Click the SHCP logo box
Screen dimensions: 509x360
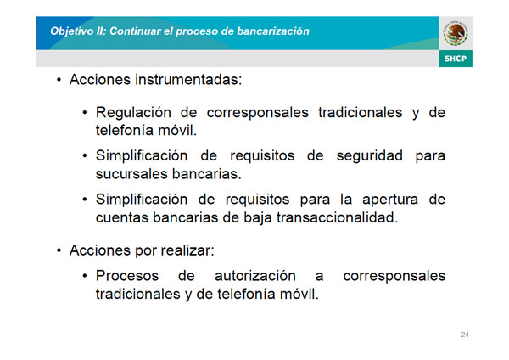456,59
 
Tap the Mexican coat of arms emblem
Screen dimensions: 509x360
456,33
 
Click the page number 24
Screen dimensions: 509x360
465,335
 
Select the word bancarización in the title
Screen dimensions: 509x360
273,31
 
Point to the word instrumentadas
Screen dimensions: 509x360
188,80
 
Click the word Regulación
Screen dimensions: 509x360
133,113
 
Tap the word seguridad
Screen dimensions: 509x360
369,156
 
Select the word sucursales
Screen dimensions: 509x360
131,174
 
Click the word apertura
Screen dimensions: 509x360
390,200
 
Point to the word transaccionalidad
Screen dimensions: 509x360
338,217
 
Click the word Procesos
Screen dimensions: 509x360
127,276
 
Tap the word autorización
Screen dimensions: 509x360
255,276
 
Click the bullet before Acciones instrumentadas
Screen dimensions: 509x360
59,80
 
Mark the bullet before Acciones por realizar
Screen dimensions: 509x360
59,250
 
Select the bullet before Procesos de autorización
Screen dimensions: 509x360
85,276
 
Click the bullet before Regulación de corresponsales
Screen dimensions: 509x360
85,113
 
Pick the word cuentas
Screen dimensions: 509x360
122,217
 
